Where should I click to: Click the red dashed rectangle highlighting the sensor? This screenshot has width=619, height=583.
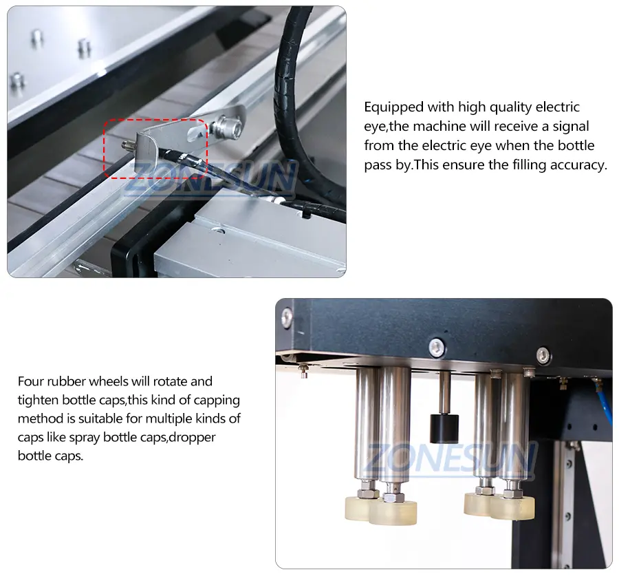pyautogui.click(x=105, y=149)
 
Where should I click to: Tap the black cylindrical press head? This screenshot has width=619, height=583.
pyautogui.click(x=444, y=428)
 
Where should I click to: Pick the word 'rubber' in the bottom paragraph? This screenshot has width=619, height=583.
pyautogui.click(x=67, y=381)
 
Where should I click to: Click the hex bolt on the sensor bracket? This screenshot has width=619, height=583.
pyautogui.click(x=226, y=127)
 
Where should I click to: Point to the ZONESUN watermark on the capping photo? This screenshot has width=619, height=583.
pyautogui.click(x=450, y=458)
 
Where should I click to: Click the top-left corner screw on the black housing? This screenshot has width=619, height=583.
pyautogui.click(x=287, y=316)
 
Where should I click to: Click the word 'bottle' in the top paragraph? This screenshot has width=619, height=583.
pyautogui.click(x=576, y=145)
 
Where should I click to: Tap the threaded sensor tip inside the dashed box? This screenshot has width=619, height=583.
pyautogui.click(x=127, y=145)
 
